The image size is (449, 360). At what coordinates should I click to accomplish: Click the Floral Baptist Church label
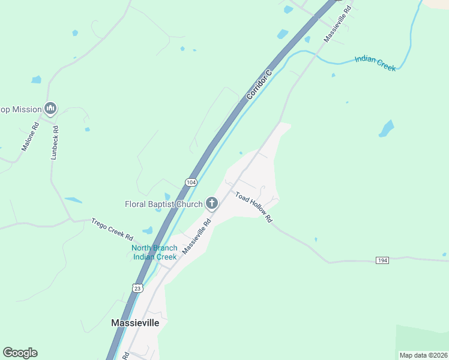coord(163,204)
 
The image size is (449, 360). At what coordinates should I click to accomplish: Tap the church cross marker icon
coord(211,204)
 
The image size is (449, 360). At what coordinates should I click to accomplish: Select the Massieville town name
coord(136,322)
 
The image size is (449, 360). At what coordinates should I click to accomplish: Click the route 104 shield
coord(191,182)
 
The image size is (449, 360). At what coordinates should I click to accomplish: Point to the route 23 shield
coord(137,289)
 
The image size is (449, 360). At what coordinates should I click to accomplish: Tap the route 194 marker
coord(382,260)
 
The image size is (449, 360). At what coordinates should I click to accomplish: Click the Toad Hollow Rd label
coord(254,208)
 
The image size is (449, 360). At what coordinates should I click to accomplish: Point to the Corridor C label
coord(259,84)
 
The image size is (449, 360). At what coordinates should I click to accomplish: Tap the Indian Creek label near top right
coord(375,63)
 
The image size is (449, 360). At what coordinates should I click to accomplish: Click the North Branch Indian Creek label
coord(154,253)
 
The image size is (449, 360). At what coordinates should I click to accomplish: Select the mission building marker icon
coord(50,109)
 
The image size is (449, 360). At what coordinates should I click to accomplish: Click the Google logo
coord(20,353)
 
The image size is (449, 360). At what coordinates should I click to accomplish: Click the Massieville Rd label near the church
coord(197,236)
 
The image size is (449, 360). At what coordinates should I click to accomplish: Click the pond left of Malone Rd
coord(37,79)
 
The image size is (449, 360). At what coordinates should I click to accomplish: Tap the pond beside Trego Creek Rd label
coord(148,230)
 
